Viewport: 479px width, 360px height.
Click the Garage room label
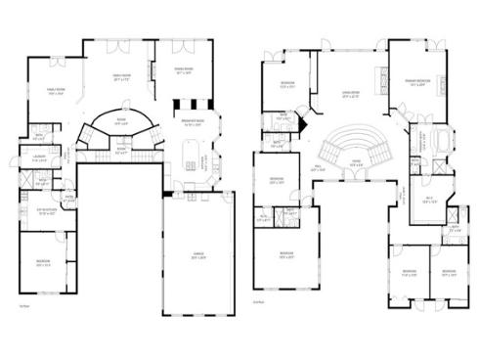pos(197,253)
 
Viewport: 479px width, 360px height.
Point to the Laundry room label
pos(40,157)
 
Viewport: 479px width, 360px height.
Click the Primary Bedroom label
pos(418,82)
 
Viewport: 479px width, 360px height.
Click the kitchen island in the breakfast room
pos(191,151)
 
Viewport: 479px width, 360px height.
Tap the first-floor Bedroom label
pos(44,263)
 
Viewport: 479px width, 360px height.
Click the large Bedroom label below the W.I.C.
pos(283,256)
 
